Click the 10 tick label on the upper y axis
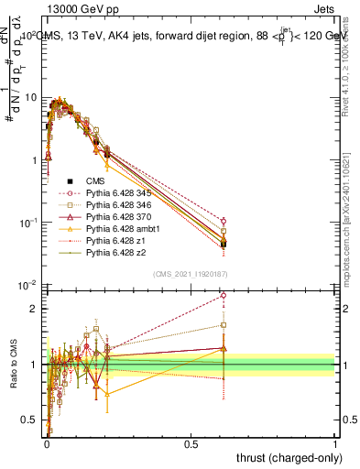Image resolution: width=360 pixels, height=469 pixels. click(30, 97)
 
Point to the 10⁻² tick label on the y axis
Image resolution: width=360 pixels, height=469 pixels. click(28, 286)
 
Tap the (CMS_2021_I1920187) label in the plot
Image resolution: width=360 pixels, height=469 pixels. click(190, 274)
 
